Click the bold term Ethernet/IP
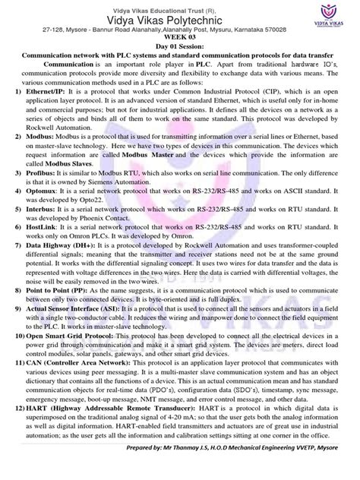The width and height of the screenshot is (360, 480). [x=44, y=90]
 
